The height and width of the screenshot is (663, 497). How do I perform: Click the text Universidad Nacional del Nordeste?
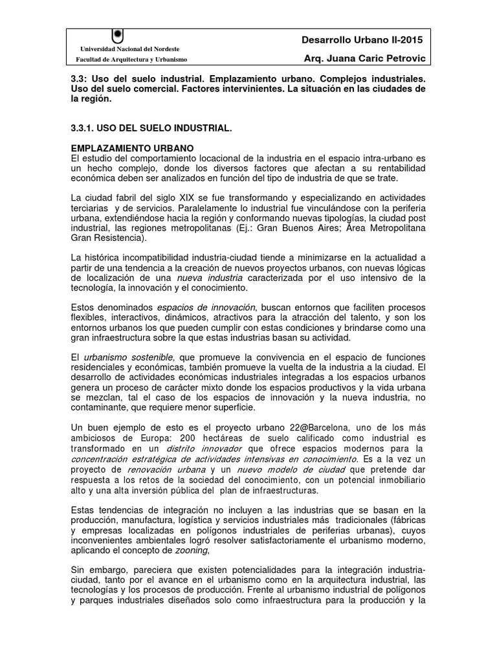[129, 49]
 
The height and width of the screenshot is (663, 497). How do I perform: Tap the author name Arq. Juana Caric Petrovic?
[364, 59]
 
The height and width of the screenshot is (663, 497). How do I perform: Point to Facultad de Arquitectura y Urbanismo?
[131, 60]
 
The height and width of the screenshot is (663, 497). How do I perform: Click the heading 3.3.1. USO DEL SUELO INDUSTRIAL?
[150, 129]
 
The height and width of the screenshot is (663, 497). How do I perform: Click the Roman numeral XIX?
[183, 197]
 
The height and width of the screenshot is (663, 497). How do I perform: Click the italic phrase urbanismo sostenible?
[128, 357]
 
